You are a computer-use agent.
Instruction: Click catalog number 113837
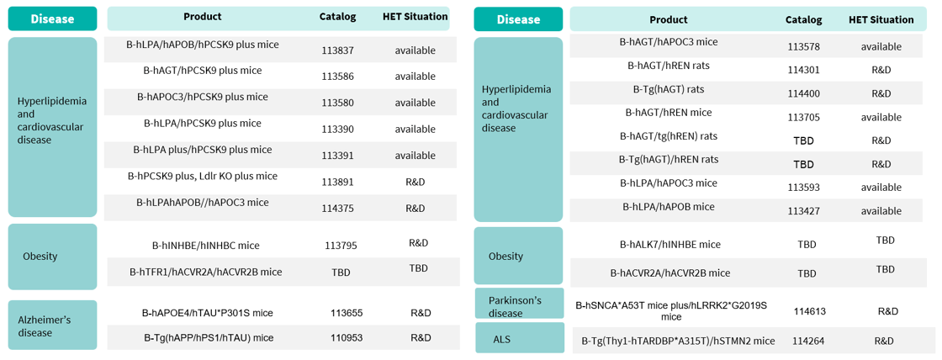coord(337,50)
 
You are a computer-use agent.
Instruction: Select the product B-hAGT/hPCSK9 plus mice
coord(202,71)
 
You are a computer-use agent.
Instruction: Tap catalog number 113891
coord(337,182)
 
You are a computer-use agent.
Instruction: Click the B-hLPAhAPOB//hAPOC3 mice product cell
coord(203,203)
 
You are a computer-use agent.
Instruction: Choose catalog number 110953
coord(346,337)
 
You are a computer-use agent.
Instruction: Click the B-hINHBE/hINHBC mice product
coord(205,246)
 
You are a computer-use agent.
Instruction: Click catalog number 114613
coord(809,311)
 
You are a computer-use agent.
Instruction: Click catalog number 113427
coord(803,211)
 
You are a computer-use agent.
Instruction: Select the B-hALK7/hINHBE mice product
coord(669,245)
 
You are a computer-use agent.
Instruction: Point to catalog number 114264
coord(808,341)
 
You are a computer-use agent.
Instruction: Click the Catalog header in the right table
coord(803,19)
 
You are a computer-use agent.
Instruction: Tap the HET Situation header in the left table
coord(415,17)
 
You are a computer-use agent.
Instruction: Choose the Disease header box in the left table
coord(52,19)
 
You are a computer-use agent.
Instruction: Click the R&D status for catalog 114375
coord(415,208)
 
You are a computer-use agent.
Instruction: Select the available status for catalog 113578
coord(881,46)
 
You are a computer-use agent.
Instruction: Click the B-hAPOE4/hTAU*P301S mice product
coord(207,313)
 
